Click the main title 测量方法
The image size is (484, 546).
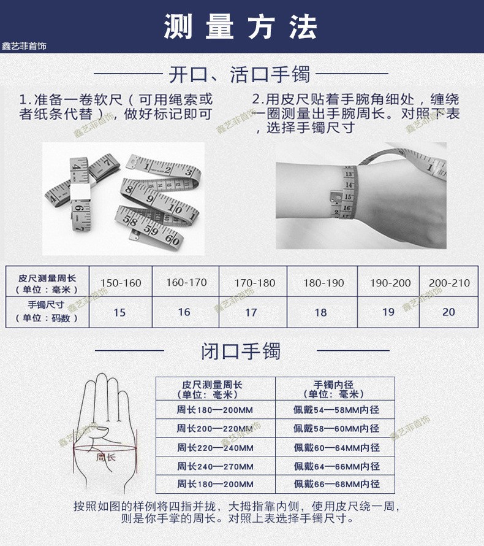(240, 27)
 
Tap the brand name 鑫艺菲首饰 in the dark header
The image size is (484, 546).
(24, 46)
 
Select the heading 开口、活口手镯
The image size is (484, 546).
(240, 74)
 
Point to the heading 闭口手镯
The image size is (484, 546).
(241, 351)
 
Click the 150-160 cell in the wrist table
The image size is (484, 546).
(121, 283)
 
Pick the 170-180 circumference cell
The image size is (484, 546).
(255, 283)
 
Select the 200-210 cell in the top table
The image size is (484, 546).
(449, 283)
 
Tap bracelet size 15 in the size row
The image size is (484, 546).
(119, 312)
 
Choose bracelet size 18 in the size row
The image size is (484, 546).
(320, 312)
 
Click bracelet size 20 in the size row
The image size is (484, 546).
(448, 312)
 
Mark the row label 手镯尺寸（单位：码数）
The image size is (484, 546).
(47, 311)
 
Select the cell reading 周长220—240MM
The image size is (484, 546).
(215, 447)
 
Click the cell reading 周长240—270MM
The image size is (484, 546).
(215, 466)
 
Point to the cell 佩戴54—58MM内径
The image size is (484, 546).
(336, 410)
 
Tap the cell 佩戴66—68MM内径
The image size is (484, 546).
(336, 484)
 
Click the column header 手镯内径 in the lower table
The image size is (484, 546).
(334, 390)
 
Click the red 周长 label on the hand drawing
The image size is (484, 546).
(106, 457)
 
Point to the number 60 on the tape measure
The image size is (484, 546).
(172, 239)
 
